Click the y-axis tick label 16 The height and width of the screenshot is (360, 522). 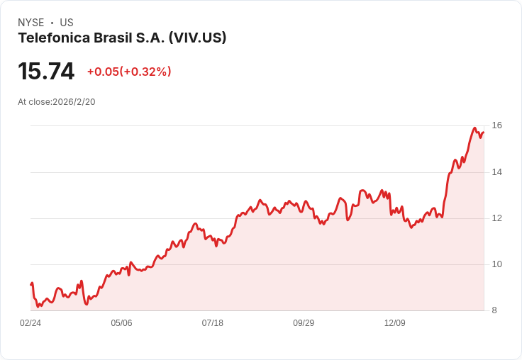click(x=497, y=125)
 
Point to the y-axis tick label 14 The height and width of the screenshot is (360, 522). click(x=497, y=172)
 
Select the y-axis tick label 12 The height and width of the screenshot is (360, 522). click(x=497, y=218)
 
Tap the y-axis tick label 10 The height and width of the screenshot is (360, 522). click(x=497, y=264)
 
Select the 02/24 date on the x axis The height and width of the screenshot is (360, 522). click(x=30, y=323)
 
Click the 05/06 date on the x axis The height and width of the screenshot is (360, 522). click(x=121, y=323)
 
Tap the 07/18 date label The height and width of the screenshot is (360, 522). click(x=213, y=323)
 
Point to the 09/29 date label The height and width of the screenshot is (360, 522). click(x=304, y=323)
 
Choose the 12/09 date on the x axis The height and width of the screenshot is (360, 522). click(x=395, y=323)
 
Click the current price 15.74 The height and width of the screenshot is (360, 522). click(x=46, y=72)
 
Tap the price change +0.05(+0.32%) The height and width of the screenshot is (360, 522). click(x=129, y=72)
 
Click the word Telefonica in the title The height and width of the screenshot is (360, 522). click(x=54, y=38)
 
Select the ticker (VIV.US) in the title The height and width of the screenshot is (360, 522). click(x=197, y=38)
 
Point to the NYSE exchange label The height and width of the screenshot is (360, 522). click(x=30, y=23)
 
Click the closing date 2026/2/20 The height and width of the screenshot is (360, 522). click(x=74, y=102)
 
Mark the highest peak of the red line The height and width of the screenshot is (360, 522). click(x=474, y=128)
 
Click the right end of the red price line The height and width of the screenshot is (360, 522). click(x=483, y=133)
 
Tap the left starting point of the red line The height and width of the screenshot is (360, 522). click(x=30, y=284)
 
